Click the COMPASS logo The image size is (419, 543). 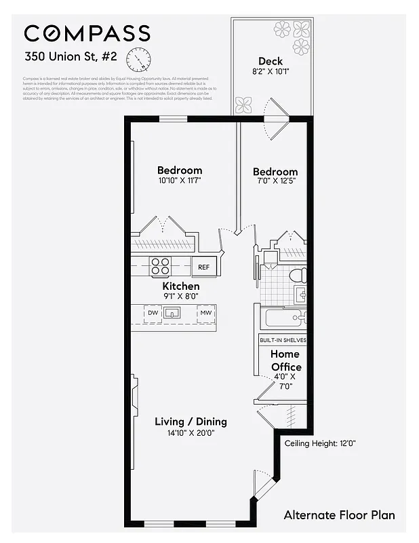pos(87,33)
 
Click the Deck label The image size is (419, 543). pos(270,61)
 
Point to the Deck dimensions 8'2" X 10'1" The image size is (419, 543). pos(270,71)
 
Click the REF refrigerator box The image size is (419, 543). pos(203,267)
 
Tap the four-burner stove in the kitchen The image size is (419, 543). pos(161,267)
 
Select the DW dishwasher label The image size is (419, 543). pos(153,313)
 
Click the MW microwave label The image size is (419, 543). pos(205,313)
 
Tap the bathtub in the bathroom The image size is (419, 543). pos(283,318)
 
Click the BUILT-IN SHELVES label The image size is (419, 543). pos(283,340)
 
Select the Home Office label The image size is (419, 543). pos(285,360)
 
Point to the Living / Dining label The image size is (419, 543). pos(191,422)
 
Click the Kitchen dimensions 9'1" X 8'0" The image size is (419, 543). pos(180,297)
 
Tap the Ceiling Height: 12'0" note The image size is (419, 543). pos(320,443)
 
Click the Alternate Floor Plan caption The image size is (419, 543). pos(339,515)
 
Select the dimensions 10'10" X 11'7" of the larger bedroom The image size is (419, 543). pos(180,181)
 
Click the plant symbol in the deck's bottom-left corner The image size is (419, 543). pos(243,105)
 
